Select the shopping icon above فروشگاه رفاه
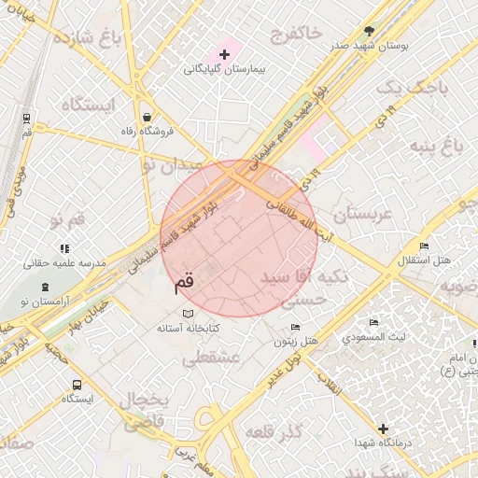pyautogui.click(x=148, y=117)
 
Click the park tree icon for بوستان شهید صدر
pyautogui.click(x=368, y=31)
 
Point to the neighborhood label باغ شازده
pyautogui.click(x=89, y=38)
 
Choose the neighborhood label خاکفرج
pyautogui.click(x=289, y=35)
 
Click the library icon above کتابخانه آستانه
pyautogui.click(x=190, y=313)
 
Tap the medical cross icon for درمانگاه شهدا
pyautogui.click(x=383, y=428)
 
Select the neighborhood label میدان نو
pyautogui.click(x=170, y=165)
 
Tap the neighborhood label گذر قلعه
pyautogui.click(x=275, y=431)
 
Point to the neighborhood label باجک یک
pyautogui.click(x=412, y=90)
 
